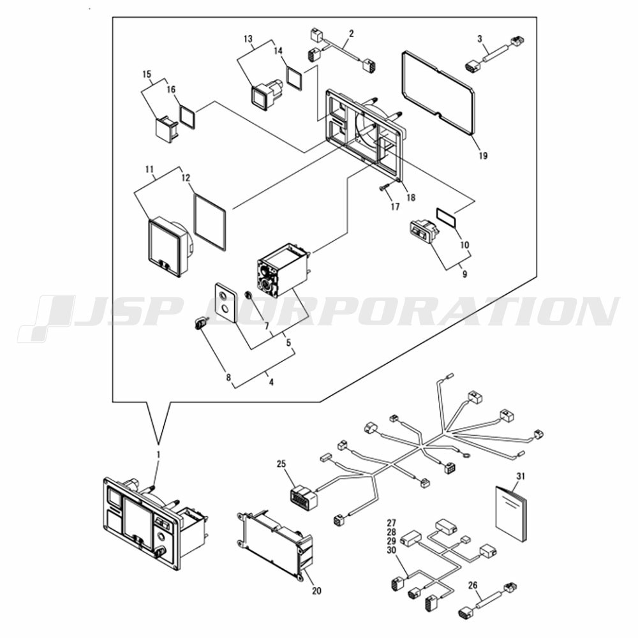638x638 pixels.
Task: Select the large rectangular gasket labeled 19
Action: (438, 93)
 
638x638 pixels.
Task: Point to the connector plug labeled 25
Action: (303, 498)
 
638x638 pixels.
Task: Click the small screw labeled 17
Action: (383, 188)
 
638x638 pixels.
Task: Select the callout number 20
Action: (316, 591)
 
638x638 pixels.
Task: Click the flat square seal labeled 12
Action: (210, 222)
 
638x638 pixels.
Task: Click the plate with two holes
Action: (224, 302)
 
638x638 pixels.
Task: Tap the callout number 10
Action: (464, 245)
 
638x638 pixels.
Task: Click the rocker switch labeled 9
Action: (424, 231)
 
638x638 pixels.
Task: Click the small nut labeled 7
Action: (248, 296)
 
